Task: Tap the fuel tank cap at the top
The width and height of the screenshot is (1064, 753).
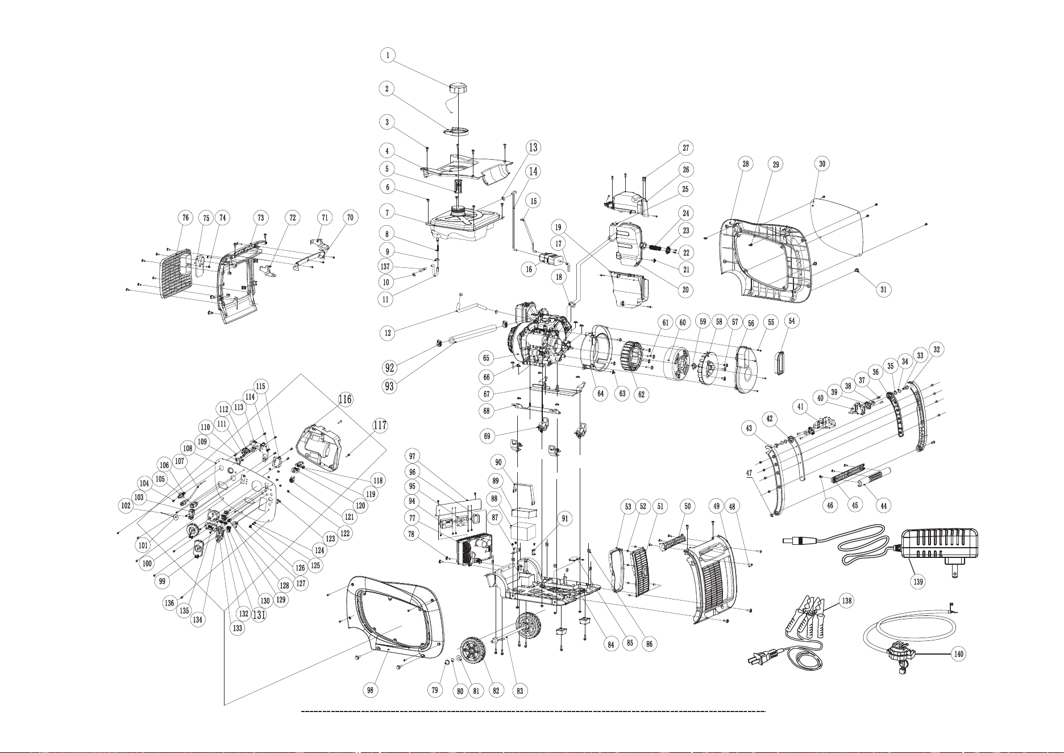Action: click(458, 89)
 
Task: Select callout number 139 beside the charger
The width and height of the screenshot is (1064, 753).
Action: click(918, 581)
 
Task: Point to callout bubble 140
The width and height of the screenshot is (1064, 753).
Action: click(958, 654)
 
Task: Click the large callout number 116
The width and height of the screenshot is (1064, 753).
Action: click(345, 399)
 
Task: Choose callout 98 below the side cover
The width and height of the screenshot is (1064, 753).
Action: click(370, 690)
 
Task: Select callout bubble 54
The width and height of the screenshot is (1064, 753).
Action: click(792, 321)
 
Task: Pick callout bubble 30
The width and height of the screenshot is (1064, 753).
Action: click(822, 164)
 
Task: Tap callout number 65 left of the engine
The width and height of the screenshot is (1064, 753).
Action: click(486, 358)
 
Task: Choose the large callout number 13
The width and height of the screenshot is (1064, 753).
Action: click(533, 147)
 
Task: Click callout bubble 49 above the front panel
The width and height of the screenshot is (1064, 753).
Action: click(716, 506)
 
